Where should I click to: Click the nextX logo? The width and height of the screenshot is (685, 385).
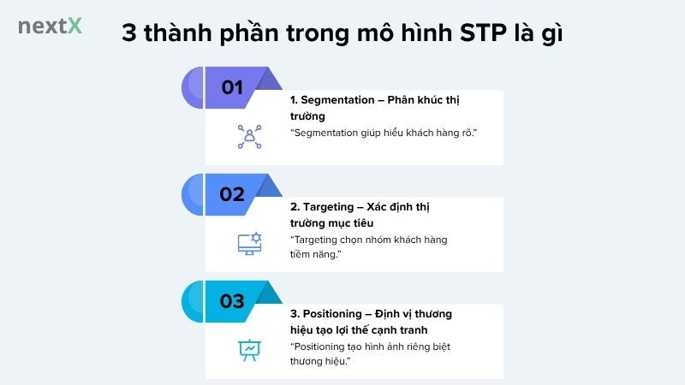pyautogui.click(x=50, y=26)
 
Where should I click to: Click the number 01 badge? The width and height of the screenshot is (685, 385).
pyautogui.click(x=232, y=86)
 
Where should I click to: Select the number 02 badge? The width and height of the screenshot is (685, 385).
pyautogui.click(x=232, y=193)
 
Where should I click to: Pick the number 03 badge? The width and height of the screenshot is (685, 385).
pyautogui.click(x=232, y=300)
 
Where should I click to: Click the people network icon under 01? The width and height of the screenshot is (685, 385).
pyautogui.click(x=249, y=137)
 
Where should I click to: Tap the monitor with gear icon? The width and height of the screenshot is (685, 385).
pyautogui.click(x=249, y=244)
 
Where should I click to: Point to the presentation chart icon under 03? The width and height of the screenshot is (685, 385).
pyautogui.click(x=249, y=350)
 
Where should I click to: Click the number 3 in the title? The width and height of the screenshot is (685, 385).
pyautogui.click(x=129, y=35)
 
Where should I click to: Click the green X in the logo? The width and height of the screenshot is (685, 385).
pyautogui.click(x=75, y=26)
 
